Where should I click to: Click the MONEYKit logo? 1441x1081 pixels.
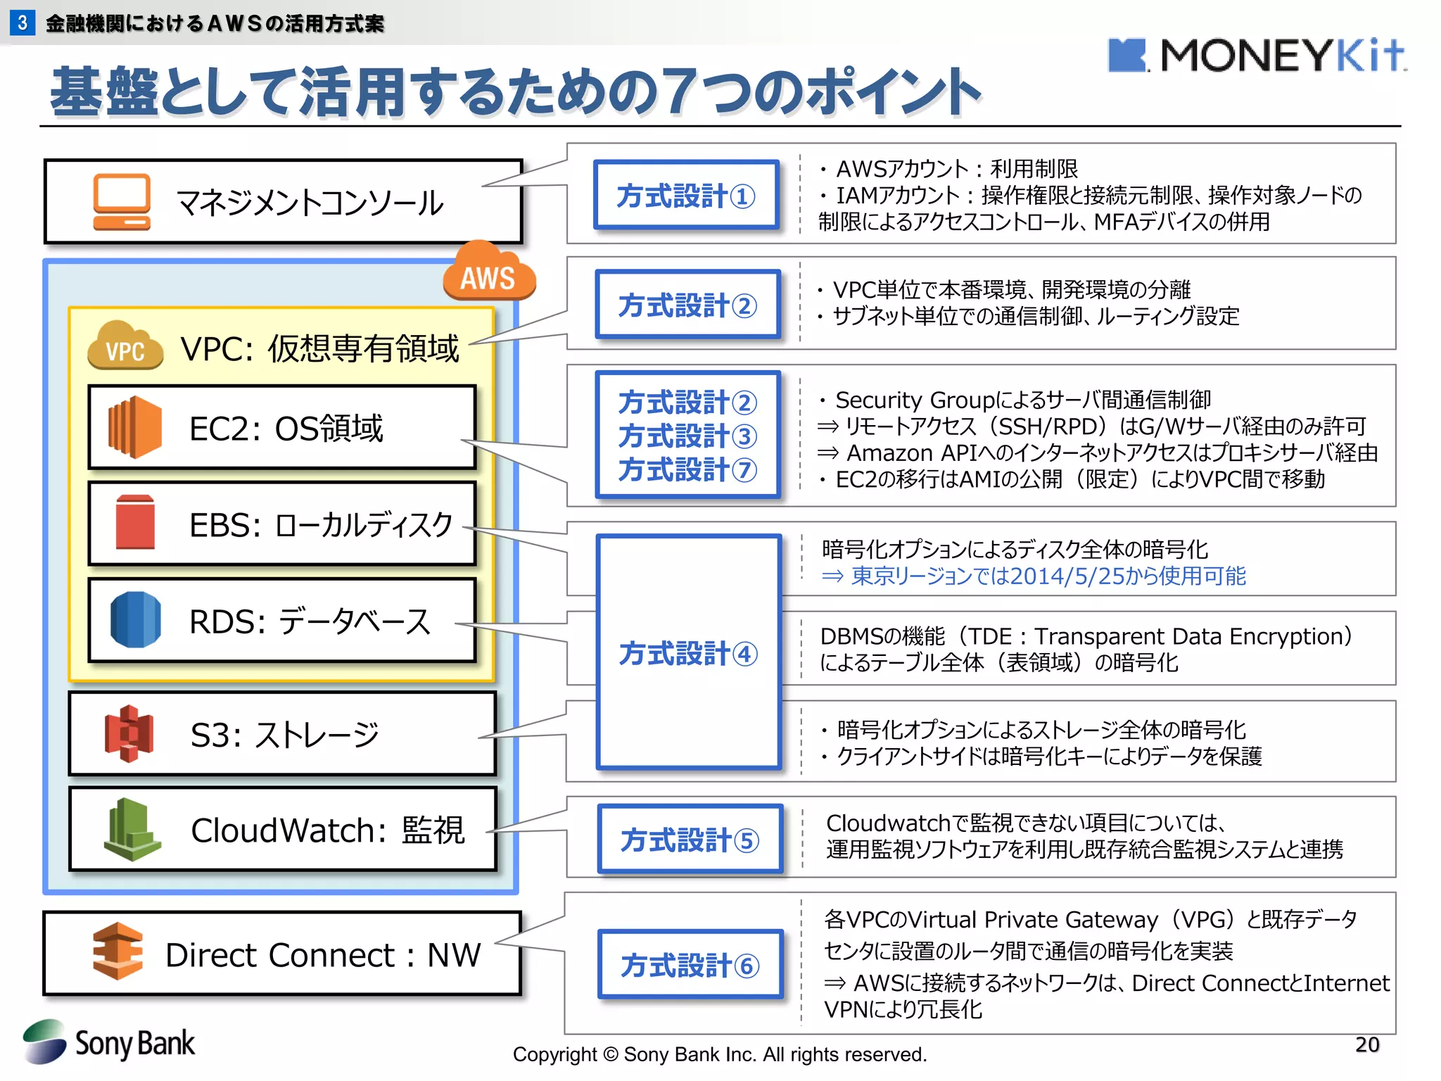pyautogui.click(x=1256, y=56)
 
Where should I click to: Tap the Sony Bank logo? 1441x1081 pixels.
pyautogui.click(x=109, y=1042)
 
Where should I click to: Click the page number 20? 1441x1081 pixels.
pyautogui.click(x=1366, y=1044)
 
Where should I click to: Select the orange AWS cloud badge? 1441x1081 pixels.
pyautogui.click(x=489, y=274)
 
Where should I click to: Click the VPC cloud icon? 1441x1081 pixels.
pyautogui.click(x=125, y=347)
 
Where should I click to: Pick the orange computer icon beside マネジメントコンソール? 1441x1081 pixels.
pyautogui.click(x=122, y=202)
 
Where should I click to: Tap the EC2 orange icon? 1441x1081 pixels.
pyautogui.click(x=135, y=427)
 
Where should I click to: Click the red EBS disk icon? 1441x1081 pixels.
pyautogui.click(x=135, y=522)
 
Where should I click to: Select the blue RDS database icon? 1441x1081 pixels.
pyautogui.click(x=135, y=620)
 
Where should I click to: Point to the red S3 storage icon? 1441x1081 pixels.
pyautogui.click(x=129, y=733)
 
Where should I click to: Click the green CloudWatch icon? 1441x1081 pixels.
pyautogui.click(x=132, y=830)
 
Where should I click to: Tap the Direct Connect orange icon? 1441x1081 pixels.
pyautogui.click(x=118, y=952)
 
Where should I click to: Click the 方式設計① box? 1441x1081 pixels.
pyautogui.click(x=686, y=196)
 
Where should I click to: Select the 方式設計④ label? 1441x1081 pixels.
pyautogui.click(x=687, y=654)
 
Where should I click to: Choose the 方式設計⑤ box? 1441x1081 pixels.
pyautogui.click(x=690, y=840)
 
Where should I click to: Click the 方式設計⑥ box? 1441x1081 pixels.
pyautogui.click(x=690, y=965)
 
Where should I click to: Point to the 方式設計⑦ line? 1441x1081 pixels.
pyautogui.click(x=687, y=469)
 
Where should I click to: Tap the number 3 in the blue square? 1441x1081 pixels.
pyautogui.click(x=23, y=23)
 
